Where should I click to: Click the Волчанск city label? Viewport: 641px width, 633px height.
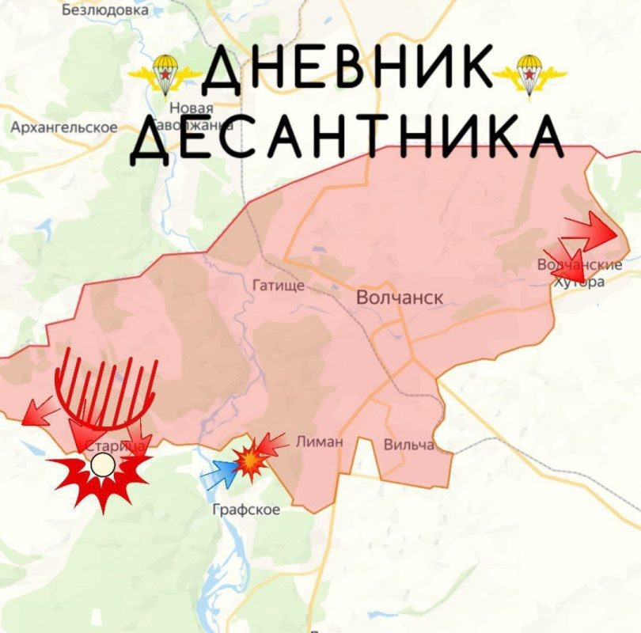(x=400, y=298)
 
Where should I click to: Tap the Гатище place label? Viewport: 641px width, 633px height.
(x=278, y=286)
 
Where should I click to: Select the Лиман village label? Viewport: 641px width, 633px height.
(x=319, y=442)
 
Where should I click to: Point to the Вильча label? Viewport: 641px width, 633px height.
(x=408, y=445)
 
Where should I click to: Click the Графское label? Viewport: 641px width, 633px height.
(x=246, y=510)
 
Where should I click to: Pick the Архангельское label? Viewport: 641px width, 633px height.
(x=63, y=127)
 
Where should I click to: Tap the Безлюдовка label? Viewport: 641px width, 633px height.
(x=104, y=11)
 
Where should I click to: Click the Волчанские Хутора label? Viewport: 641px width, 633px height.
(x=580, y=273)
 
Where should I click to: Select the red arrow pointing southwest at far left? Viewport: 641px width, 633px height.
(x=38, y=411)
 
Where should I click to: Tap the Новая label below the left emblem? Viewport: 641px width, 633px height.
(x=192, y=108)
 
